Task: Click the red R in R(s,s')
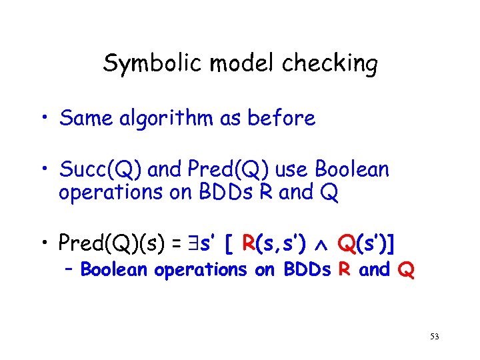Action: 249,244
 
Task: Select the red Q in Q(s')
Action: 346,244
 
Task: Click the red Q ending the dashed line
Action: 406,271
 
